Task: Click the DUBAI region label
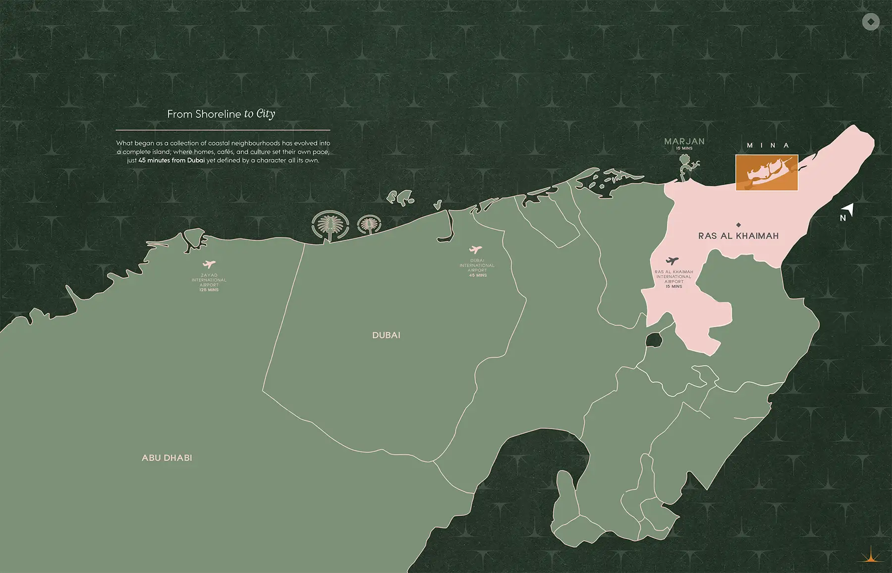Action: coord(386,335)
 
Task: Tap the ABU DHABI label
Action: coord(167,458)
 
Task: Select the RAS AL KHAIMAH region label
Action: coord(738,236)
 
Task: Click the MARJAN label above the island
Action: coord(684,141)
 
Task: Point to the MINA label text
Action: coord(768,145)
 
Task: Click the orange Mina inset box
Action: coord(766,172)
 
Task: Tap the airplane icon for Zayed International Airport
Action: coord(209,264)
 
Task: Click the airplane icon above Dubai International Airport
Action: coord(475,250)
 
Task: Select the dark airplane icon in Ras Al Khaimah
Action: coord(672,260)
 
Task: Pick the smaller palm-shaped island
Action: coord(369,224)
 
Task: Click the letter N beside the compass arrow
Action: coord(842,218)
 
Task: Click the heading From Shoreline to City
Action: coord(221,114)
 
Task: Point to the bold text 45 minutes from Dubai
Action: coord(171,160)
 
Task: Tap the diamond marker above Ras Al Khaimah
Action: coord(738,224)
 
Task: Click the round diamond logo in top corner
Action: coord(870,22)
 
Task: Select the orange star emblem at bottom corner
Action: coord(871,556)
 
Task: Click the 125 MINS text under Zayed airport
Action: coord(209,290)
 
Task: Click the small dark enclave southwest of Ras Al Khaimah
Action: coord(654,340)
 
